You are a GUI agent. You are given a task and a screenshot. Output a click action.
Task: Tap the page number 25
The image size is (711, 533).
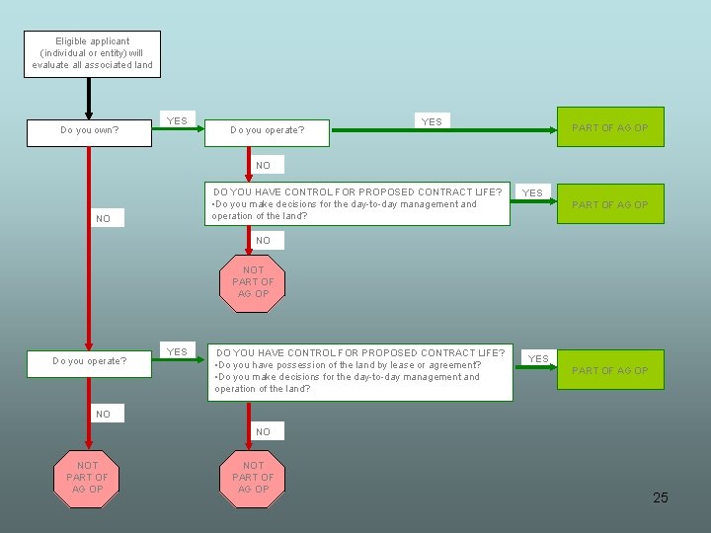pyautogui.click(x=661, y=497)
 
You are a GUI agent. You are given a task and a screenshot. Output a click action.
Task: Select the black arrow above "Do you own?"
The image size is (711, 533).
pyautogui.click(x=89, y=97)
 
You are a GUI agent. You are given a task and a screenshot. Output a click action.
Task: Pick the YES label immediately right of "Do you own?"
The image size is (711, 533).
pyautogui.click(x=177, y=121)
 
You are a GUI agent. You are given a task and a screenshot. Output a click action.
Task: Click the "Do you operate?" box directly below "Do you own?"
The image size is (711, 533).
pyautogui.click(x=89, y=361)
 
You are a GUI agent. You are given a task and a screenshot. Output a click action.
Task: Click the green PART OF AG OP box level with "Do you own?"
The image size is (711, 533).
pyautogui.click(x=610, y=127)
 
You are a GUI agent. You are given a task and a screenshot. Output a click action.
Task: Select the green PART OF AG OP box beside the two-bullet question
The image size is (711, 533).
pyautogui.click(x=610, y=370)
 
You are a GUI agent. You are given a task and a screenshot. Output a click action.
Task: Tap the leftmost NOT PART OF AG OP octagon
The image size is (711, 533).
pyautogui.click(x=87, y=477)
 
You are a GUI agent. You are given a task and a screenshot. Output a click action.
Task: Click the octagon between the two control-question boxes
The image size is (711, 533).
pyautogui.click(x=254, y=281)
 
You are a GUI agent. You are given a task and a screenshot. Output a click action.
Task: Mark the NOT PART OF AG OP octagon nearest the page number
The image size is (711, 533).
pyautogui.click(x=254, y=477)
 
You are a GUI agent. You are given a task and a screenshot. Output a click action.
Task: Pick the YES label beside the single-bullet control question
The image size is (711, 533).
pyautogui.click(x=532, y=192)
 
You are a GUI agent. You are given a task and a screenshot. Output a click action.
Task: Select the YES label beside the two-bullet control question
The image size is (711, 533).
pyautogui.click(x=538, y=358)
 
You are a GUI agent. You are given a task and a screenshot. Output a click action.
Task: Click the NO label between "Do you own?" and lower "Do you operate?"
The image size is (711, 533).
pyautogui.click(x=103, y=219)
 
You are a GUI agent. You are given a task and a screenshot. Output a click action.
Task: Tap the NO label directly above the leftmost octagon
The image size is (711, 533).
pyautogui.click(x=103, y=415)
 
